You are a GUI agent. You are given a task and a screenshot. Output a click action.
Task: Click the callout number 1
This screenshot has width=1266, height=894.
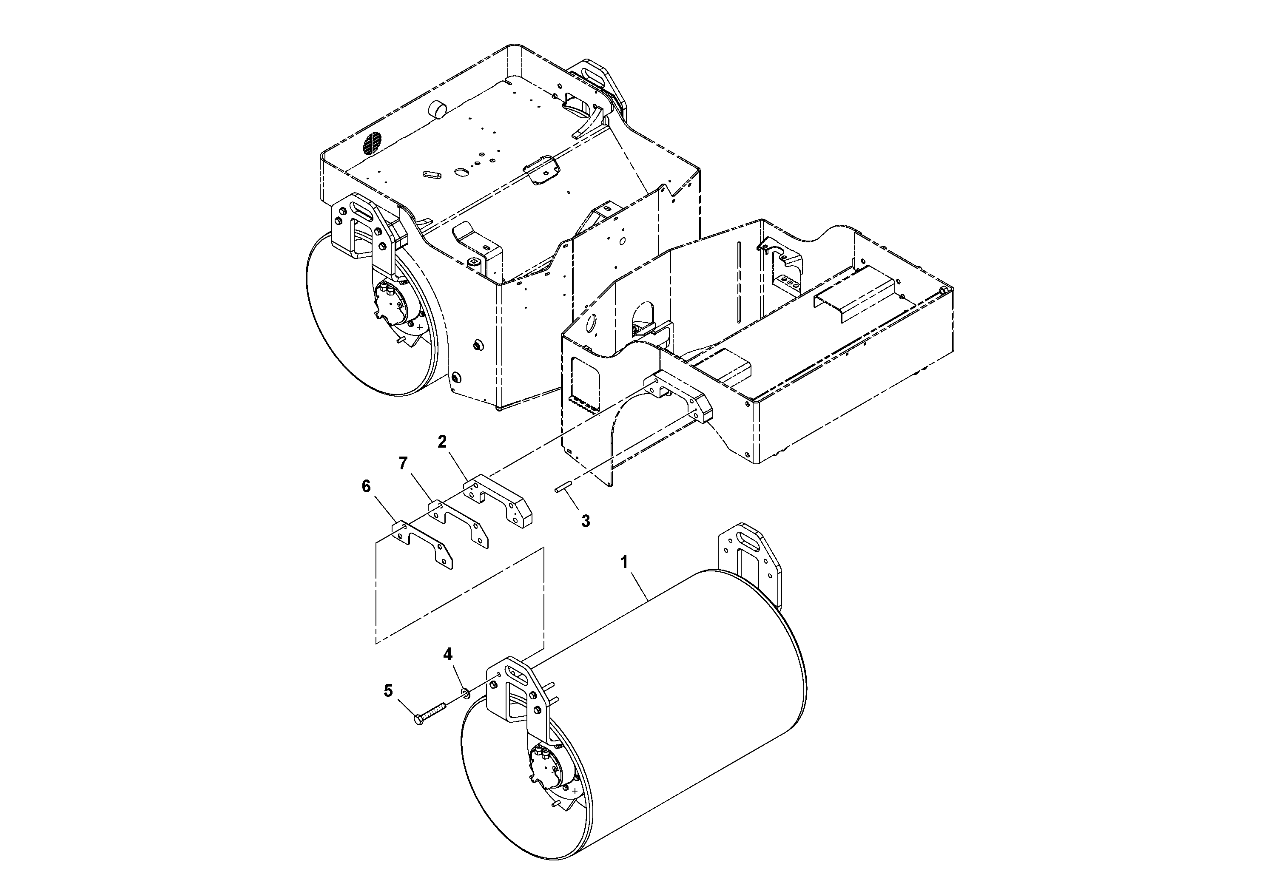[x=624, y=563]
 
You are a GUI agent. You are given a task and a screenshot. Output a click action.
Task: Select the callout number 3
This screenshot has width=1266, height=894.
[x=585, y=520]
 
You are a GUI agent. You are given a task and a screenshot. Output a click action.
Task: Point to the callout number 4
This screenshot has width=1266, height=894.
[x=448, y=654]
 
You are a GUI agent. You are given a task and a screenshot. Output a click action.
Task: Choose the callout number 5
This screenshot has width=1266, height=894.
[x=389, y=691]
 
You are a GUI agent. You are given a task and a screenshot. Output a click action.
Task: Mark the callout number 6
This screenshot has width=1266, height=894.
[x=366, y=486]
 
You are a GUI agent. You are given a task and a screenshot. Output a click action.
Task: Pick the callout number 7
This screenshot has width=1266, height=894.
[x=403, y=463]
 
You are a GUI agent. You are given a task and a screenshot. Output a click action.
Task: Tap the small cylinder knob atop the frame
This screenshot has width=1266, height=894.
[x=439, y=109]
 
